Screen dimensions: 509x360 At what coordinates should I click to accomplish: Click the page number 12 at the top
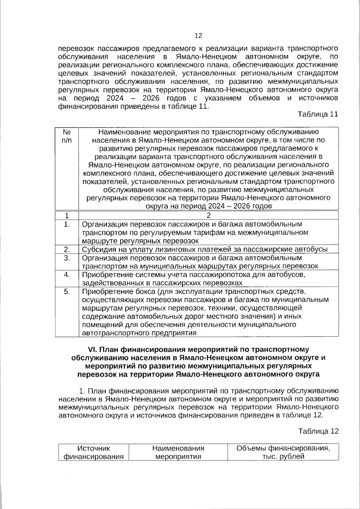click(198, 36)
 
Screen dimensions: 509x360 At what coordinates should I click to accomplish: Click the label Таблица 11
click(318, 114)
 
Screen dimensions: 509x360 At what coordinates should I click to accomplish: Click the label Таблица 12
click(318, 431)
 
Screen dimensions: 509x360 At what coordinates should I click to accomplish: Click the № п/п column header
click(67, 136)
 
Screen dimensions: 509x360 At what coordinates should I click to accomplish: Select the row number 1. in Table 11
click(67, 224)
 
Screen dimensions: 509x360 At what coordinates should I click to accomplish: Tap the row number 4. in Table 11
click(67, 275)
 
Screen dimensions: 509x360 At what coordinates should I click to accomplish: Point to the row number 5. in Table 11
click(67, 292)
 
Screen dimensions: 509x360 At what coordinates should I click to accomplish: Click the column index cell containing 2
click(208, 216)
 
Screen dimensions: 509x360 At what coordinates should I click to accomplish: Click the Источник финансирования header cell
click(94, 452)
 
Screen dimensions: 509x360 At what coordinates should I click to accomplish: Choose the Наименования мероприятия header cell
click(178, 452)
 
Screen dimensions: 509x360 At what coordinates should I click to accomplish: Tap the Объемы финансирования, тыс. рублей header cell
click(283, 452)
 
